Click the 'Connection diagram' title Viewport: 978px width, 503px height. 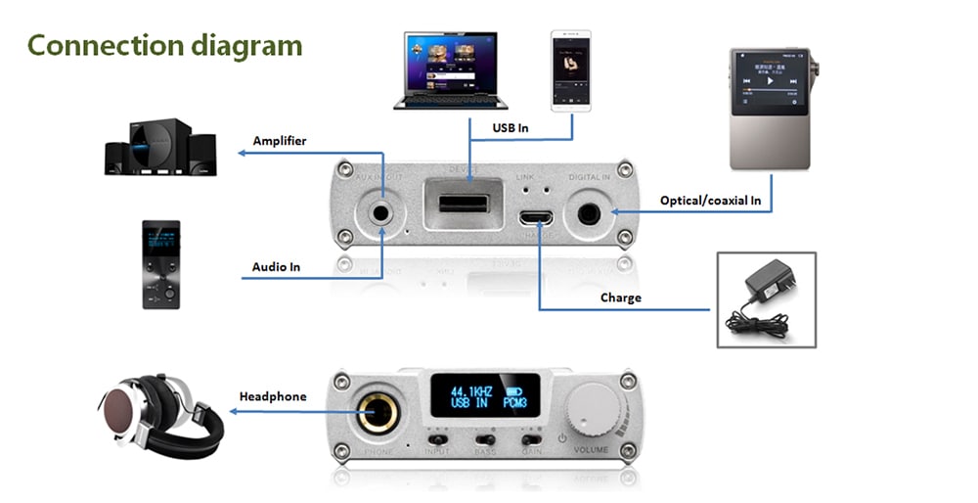[x=164, y=46]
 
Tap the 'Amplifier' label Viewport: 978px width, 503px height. [x=280, y=141]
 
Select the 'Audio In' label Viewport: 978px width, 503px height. [x=276, y=266]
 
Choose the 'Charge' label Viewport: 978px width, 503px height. [x=621, y=297]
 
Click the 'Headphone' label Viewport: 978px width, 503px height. [x=273, y=396]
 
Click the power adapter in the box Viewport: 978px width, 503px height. [x=769, y=297]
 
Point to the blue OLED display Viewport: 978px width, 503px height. [x=481, y=397]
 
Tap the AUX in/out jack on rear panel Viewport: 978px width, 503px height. [x=378, y=213]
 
